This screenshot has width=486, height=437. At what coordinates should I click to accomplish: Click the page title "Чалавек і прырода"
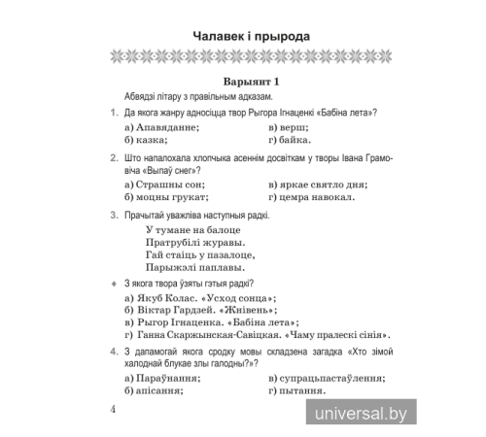pyautogui.click(x=243, y=36)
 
